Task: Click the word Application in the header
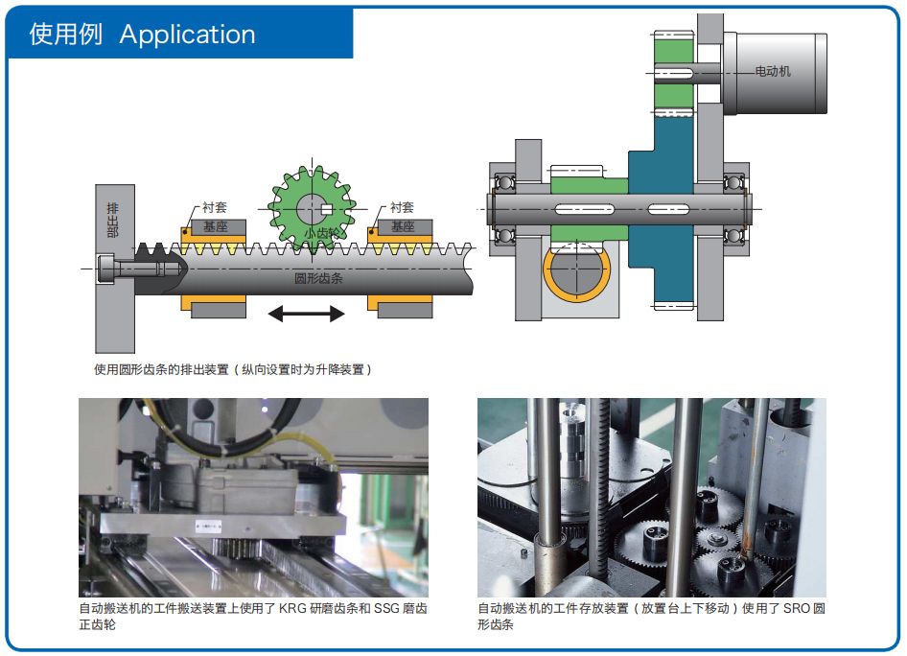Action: coord(188,35)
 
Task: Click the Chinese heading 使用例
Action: coord(65,35)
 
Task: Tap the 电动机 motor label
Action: coord(773,71)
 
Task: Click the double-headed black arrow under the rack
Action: coord(306,314)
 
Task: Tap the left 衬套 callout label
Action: coord(214,207)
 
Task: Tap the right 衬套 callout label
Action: coord(402,207)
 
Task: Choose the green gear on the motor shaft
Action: coord(672,68)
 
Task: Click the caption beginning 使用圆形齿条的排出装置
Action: coord(232,369)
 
